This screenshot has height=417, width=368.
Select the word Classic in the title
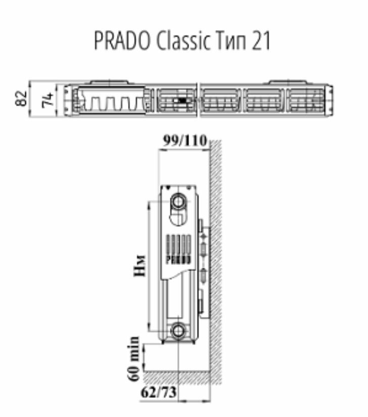pos(183,42)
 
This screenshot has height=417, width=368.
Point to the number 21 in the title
pos(261,42)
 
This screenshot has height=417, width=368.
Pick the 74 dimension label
pos(47,99)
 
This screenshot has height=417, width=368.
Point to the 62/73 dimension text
pos(159,392)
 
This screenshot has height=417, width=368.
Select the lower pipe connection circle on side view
pos(178,331)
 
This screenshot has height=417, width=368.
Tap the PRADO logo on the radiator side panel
pos(178,259)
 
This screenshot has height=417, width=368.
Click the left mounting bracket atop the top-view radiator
pos(111,82)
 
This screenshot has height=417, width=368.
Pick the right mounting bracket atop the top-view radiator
pos(288,82)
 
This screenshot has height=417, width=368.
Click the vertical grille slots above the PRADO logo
pos(178,244)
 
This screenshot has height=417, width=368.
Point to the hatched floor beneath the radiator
pos(177,377)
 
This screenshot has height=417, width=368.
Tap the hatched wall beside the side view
pos(216,253)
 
